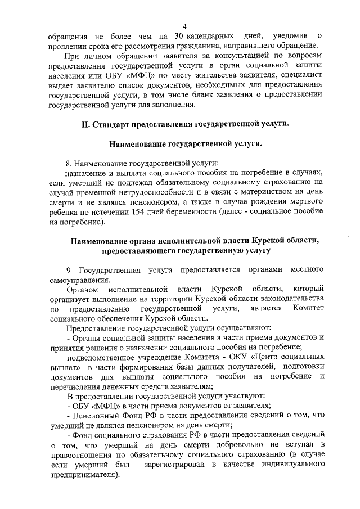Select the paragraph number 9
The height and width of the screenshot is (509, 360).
[68, 269]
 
